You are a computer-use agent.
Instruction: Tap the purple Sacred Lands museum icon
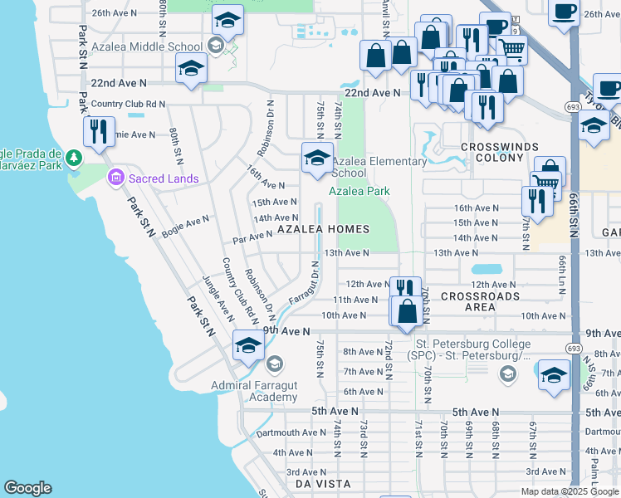pos(115,177)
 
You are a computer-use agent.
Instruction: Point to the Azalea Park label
pos(359,191)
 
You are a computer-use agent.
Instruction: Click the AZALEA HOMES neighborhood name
pos(323,228)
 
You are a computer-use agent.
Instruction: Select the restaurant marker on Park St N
pos(99,130)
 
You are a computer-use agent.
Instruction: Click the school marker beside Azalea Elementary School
pos(315,158)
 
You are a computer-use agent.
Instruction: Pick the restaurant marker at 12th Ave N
pos(404,290)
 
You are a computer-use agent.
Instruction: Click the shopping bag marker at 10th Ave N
pos(407,312)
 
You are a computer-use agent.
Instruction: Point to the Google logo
pos(27,488)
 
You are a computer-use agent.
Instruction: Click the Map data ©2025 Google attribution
pos(570,491)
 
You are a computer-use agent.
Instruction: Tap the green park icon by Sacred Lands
pos(74,157)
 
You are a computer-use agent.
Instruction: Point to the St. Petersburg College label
pos(472,349)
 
